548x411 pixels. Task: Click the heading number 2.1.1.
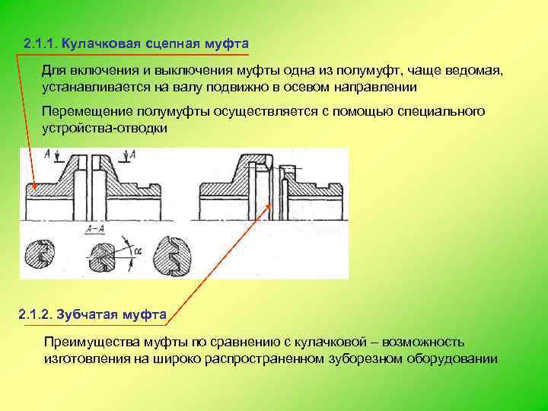40,42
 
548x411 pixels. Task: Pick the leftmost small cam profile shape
37,256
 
